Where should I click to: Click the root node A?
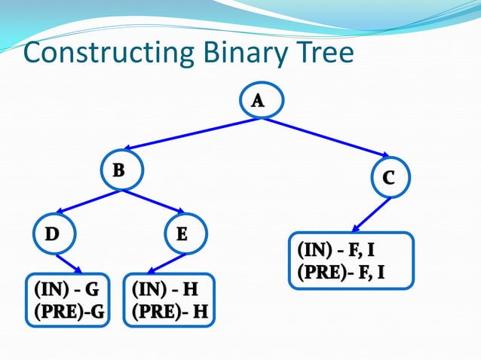pyautogui.click(x=258, y=101)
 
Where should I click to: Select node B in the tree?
pyautogui.click(x=118, y=171)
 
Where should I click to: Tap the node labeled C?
pyautogui.click(x=388, y=178)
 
